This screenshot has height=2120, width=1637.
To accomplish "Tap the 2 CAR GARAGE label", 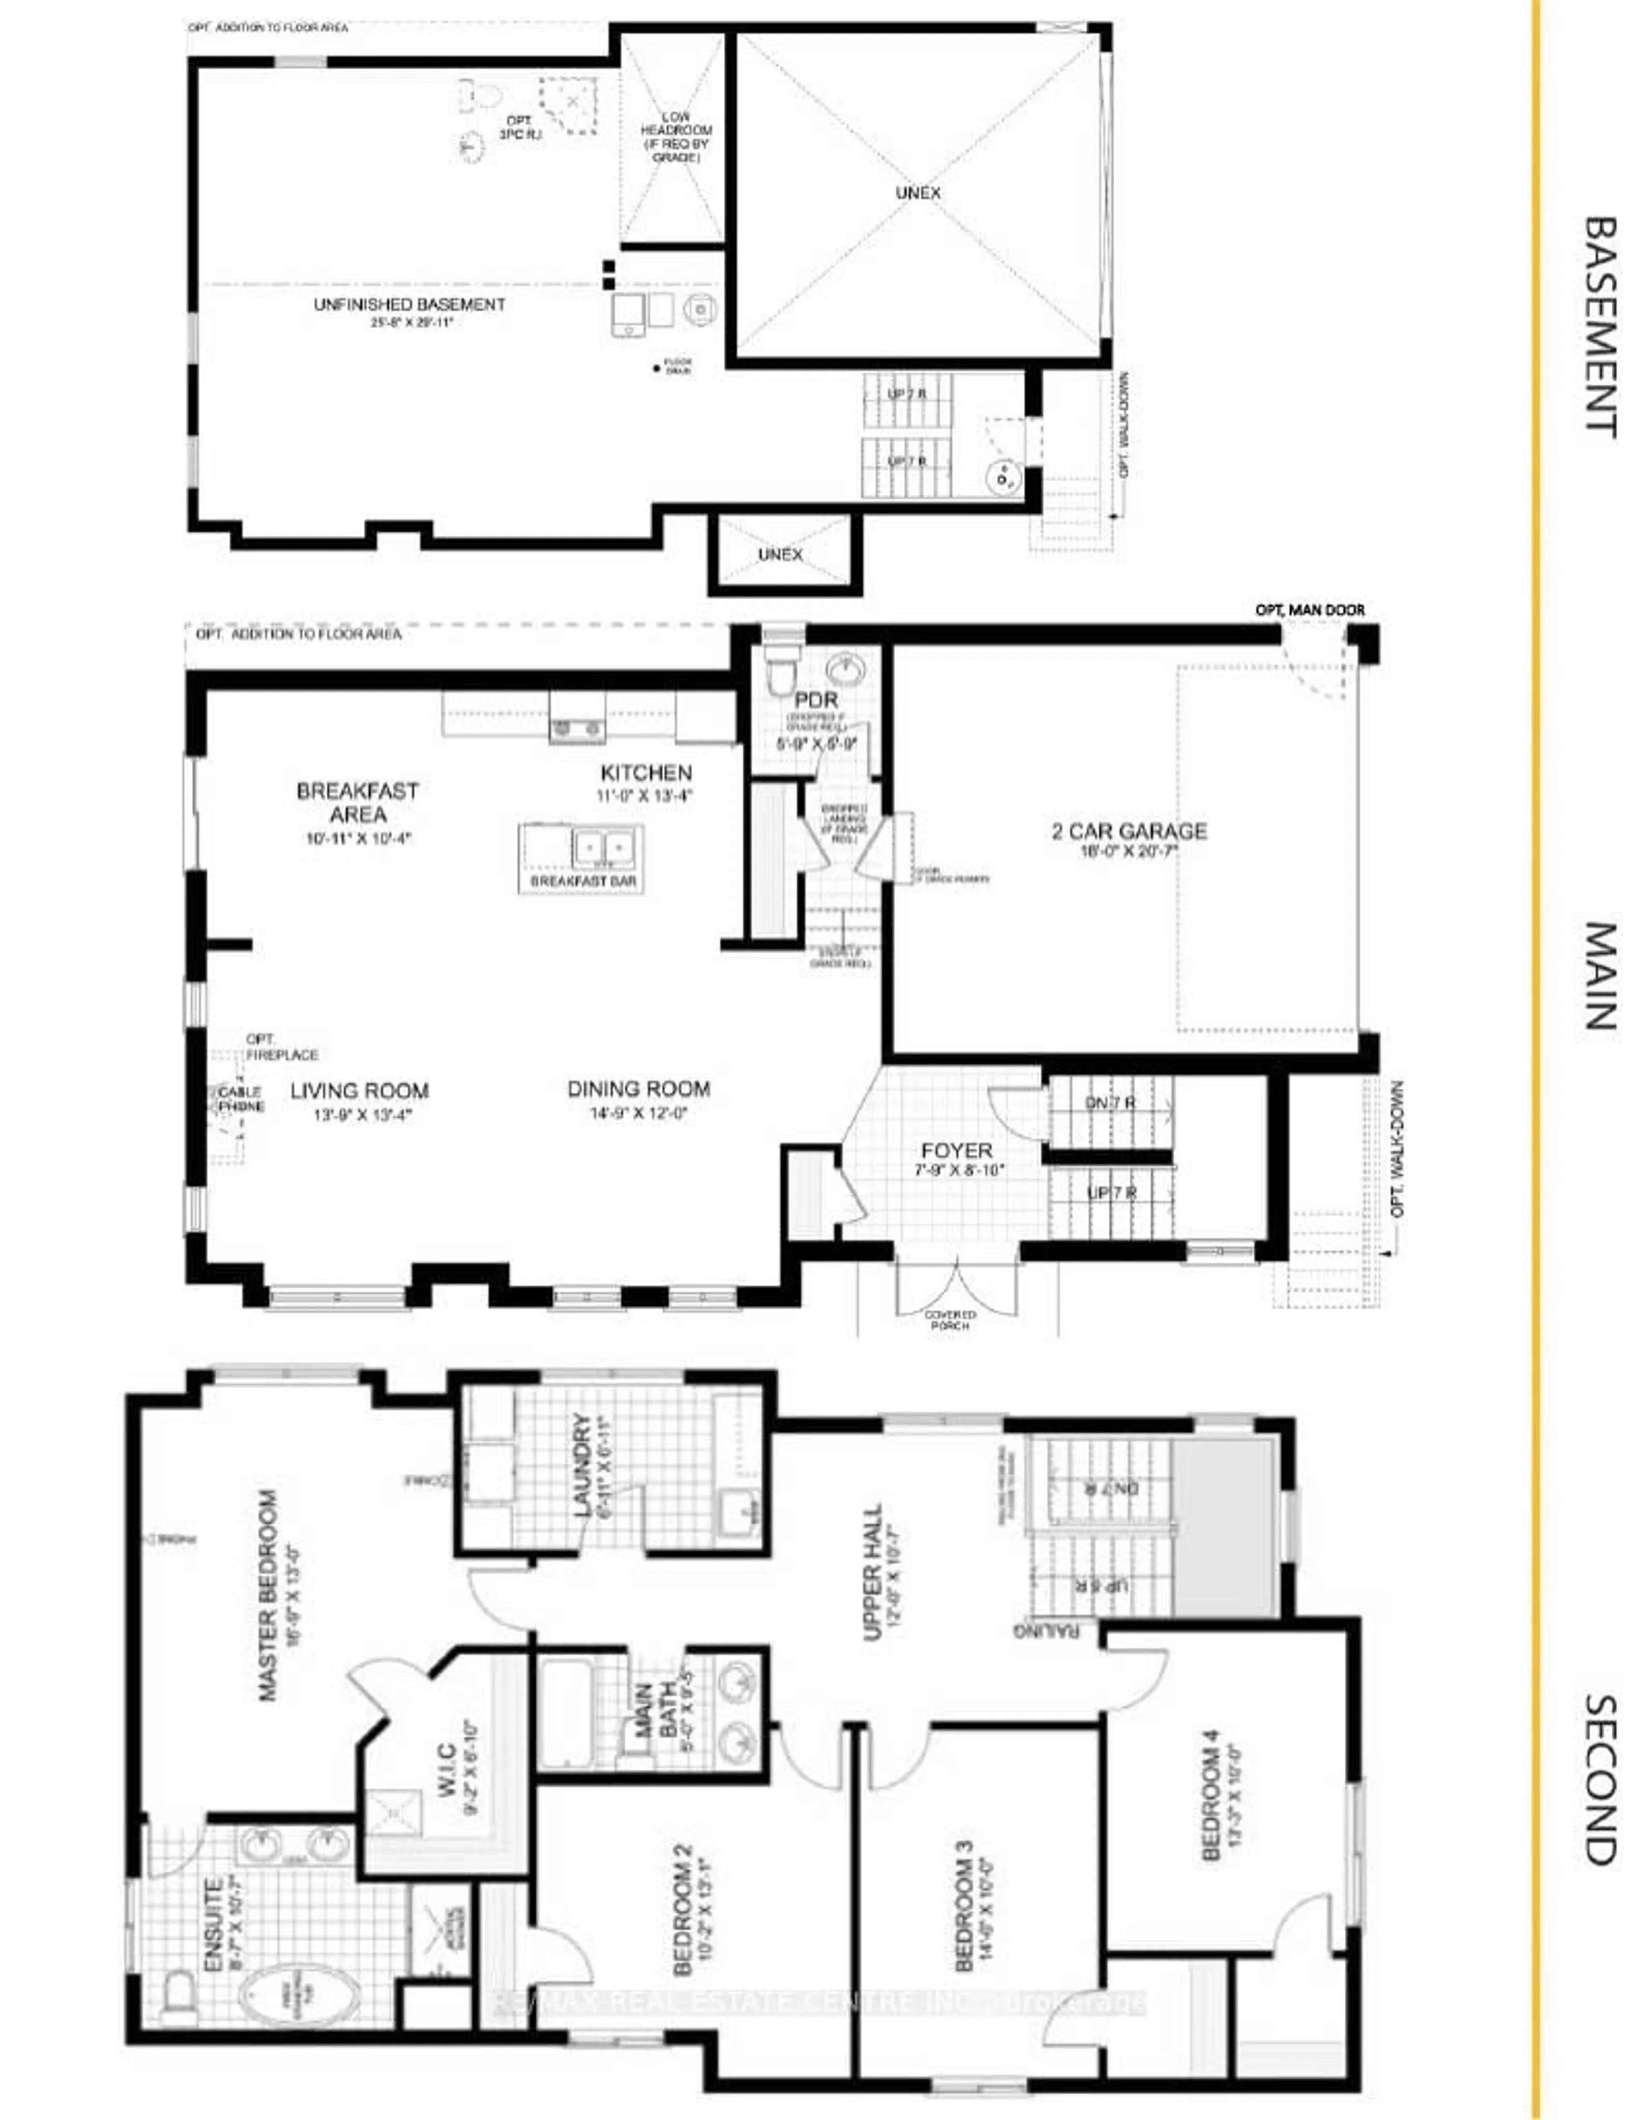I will (x=1130, y=832).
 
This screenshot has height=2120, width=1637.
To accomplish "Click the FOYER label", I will (x=957, y=1151).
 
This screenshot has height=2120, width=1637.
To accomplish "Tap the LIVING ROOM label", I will (x=359, y=1091).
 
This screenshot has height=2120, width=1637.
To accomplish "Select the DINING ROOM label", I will (x=639, y=1089).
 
